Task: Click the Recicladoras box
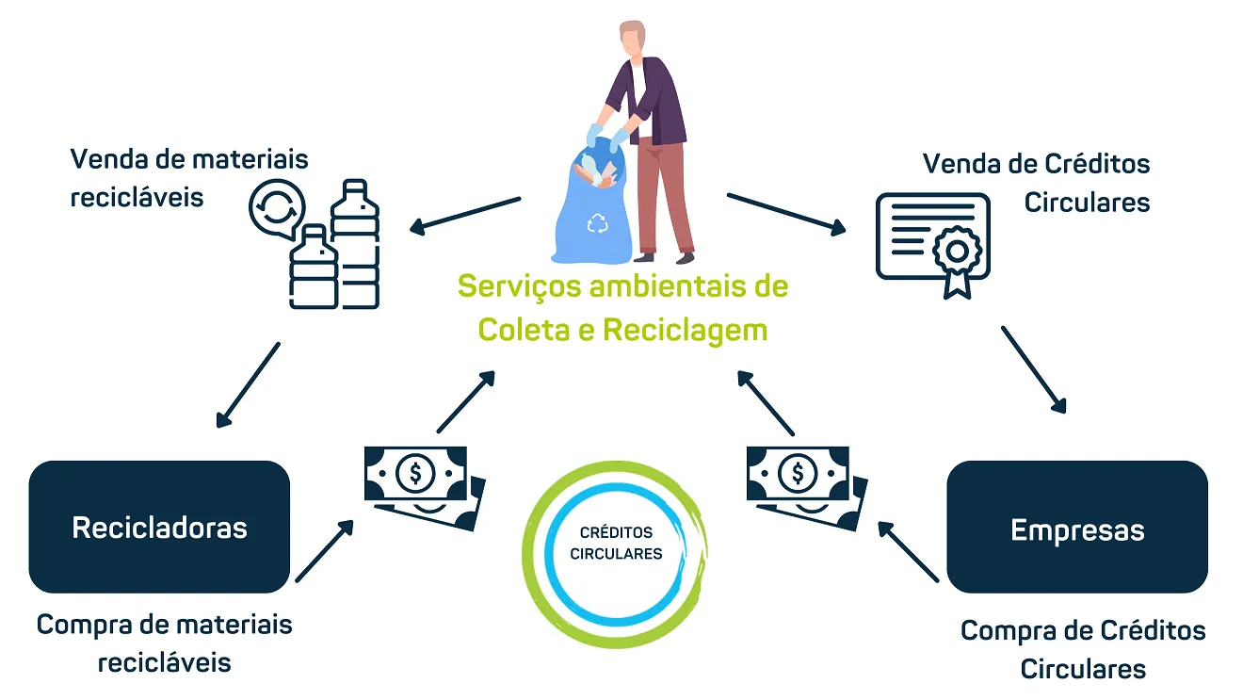click(159, 527)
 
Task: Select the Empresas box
click(1077, 528)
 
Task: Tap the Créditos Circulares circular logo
click(616, 544)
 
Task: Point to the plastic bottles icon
click(336, 249)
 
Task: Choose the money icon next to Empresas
click(805, 483)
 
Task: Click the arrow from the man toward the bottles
click(465, 214)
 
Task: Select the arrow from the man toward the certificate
click(786, 212)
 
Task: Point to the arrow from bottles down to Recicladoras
click(249, 384)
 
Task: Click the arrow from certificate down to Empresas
click(1033, 370)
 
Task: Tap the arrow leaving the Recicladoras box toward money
click(325, 551)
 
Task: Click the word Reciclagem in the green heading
click(685, 331)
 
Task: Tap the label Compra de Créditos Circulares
click(1083, 649)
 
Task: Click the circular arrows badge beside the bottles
click(277, 210)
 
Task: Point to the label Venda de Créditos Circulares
click(1037, 183)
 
